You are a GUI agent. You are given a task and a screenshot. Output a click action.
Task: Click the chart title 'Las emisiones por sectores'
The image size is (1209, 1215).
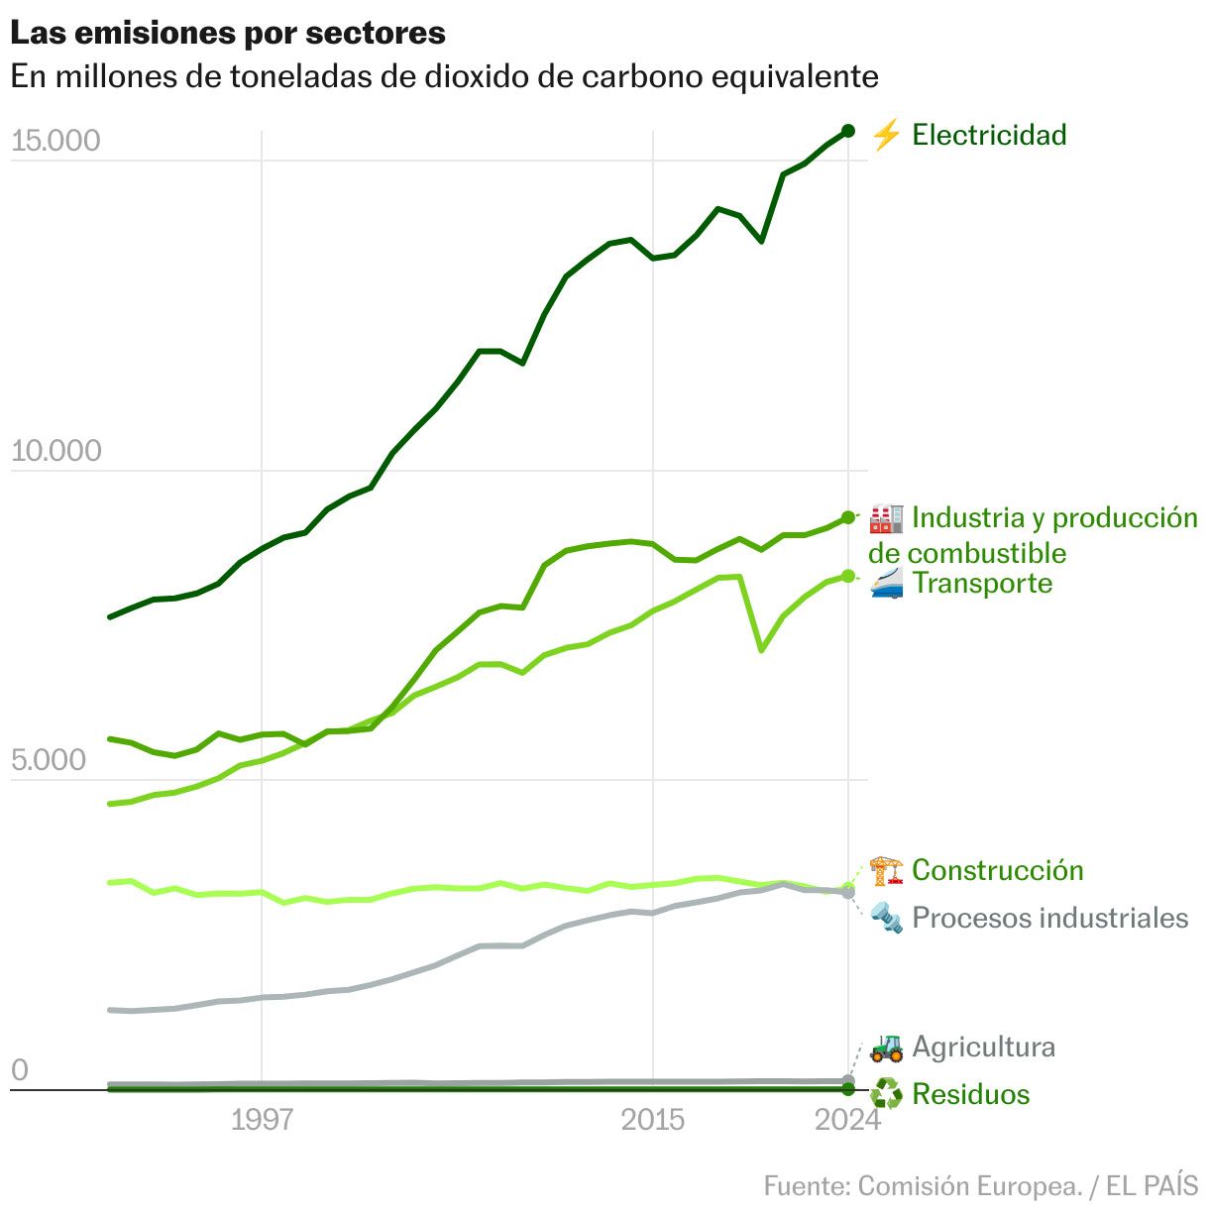point(228,33)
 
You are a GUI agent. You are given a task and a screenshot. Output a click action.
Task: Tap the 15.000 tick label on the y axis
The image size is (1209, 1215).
point(55,141)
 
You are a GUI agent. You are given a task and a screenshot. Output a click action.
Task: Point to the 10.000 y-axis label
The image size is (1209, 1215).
point(55,451)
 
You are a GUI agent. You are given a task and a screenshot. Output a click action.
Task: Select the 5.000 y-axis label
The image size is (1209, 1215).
point(49,761)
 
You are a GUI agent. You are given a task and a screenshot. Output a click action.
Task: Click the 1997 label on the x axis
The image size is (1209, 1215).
point(262,1120)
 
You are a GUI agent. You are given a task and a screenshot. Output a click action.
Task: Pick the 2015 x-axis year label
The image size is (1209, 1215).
point(652,1120)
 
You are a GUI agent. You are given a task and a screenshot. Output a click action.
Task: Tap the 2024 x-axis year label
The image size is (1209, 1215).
point(847,1120)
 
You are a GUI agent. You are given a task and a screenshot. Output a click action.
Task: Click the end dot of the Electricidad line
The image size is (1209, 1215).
point(848,131)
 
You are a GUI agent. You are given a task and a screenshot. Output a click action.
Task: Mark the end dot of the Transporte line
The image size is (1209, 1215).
point(848,576)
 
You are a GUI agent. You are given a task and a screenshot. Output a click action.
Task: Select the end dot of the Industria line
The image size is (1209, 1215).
point(848,517)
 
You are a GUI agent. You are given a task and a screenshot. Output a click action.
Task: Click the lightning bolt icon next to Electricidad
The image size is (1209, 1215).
point(886,135)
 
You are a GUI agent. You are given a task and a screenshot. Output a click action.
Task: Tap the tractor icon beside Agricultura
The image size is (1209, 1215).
point(886,1048)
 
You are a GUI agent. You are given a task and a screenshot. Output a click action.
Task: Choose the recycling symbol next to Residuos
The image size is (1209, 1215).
point(886,1095)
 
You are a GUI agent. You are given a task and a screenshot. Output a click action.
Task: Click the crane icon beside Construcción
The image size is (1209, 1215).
point(886,871)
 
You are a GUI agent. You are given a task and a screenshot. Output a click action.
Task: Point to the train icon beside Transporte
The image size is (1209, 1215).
point(886,584)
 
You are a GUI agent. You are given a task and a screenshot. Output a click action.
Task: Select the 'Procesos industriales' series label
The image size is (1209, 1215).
point(1049,918)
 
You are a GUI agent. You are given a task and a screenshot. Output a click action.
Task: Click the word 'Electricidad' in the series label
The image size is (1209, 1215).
point(989,135)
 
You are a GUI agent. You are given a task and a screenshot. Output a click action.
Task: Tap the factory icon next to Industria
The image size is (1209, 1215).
point(886,518)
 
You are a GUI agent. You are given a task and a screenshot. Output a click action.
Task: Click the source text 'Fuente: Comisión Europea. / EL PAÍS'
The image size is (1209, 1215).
point(980,1186)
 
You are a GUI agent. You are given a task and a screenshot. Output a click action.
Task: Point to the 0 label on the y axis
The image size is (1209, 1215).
point(20,1071)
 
